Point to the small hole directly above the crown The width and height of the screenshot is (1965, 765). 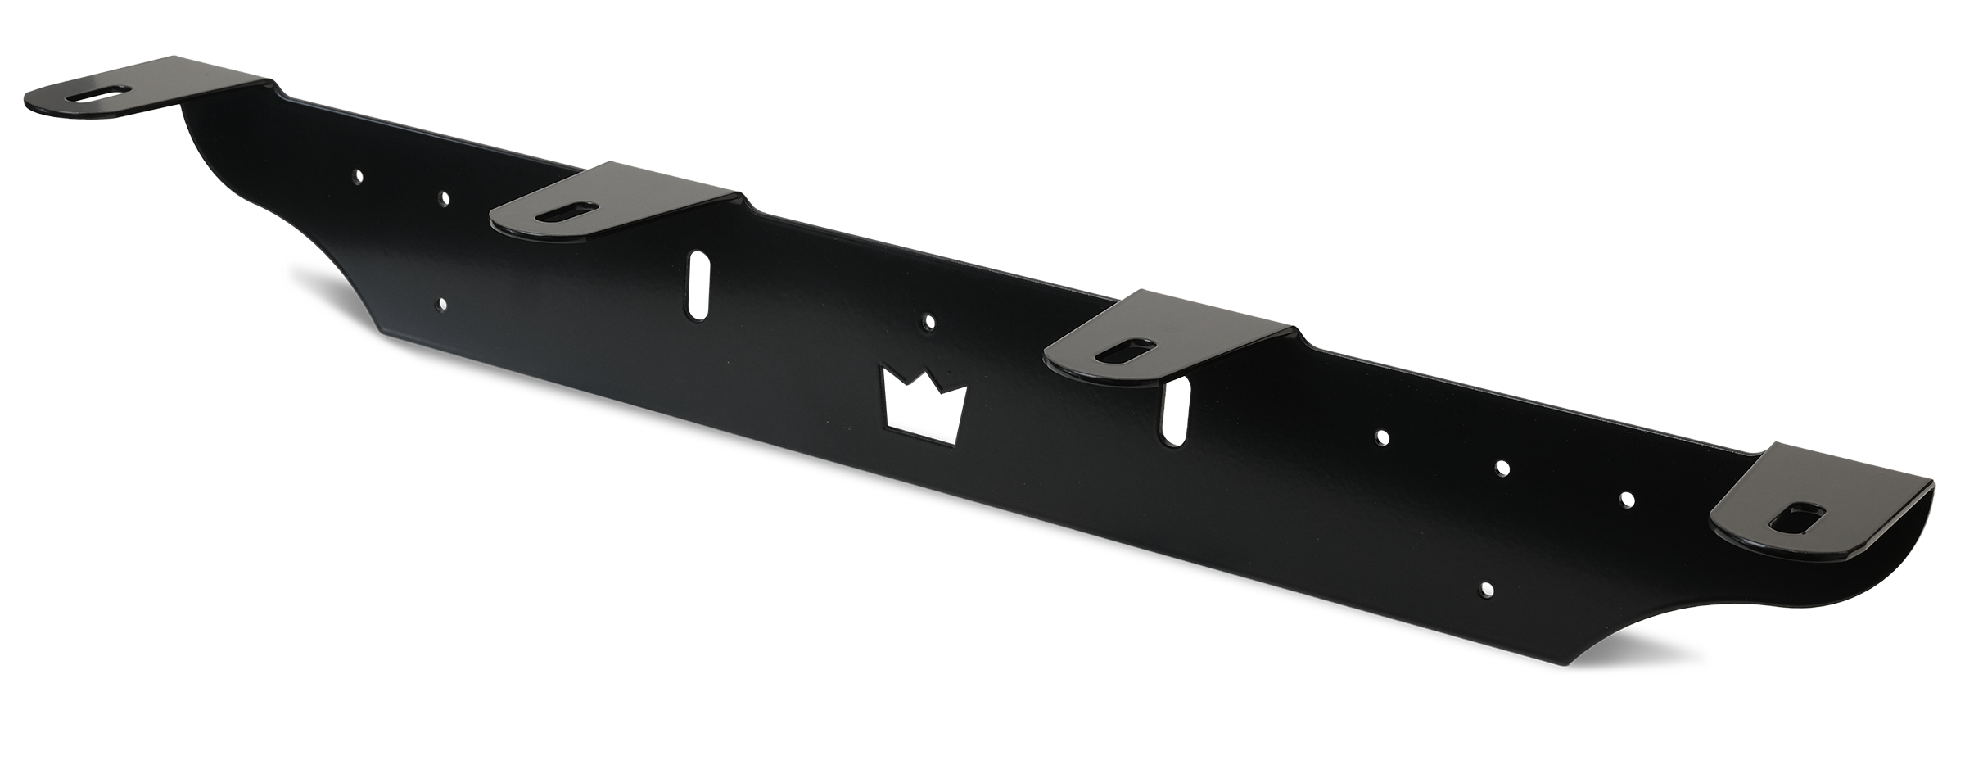tap(928, 320)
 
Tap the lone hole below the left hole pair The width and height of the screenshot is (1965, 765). tap(442, 305)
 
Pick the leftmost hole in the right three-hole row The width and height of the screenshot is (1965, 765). tap(1382, 437)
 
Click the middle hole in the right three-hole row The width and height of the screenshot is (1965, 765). tap(1502, 468)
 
